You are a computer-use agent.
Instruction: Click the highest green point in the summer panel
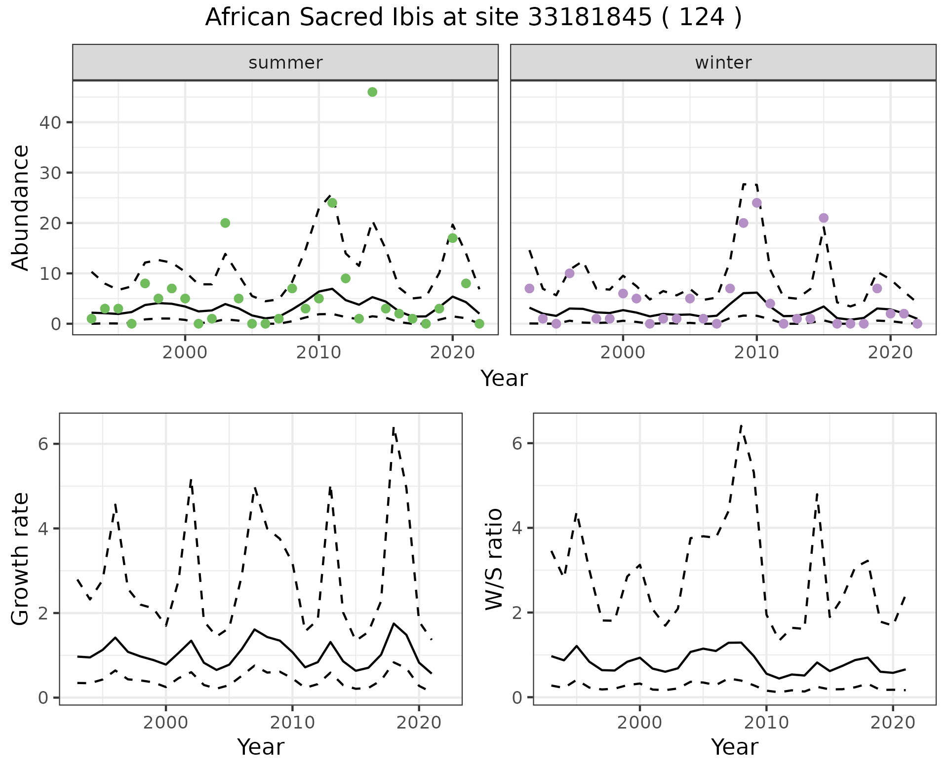coord(372,92)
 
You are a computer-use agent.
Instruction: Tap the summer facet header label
coord(285,63)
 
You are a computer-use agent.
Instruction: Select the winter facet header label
coord(723,63)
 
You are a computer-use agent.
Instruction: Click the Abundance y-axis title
coord(20,207)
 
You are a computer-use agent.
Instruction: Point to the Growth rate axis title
coord(20,559)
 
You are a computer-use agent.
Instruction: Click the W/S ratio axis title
coord(494,559)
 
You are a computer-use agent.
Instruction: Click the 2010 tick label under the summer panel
coord(318,353)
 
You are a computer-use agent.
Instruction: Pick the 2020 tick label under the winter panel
coord(890,353)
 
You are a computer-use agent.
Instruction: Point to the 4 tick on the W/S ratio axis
coord(517,528)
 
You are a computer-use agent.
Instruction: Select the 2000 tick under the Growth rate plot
coord(165,723)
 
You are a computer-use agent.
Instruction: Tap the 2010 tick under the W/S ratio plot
coord(766,723)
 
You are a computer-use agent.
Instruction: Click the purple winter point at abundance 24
coord(756,203)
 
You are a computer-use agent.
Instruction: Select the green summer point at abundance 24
coord(332,203)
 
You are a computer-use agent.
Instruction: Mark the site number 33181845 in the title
coord(590,18)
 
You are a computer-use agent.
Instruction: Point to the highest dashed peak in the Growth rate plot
coord(394,427)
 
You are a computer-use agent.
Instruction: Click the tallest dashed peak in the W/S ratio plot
coord(741,425)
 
